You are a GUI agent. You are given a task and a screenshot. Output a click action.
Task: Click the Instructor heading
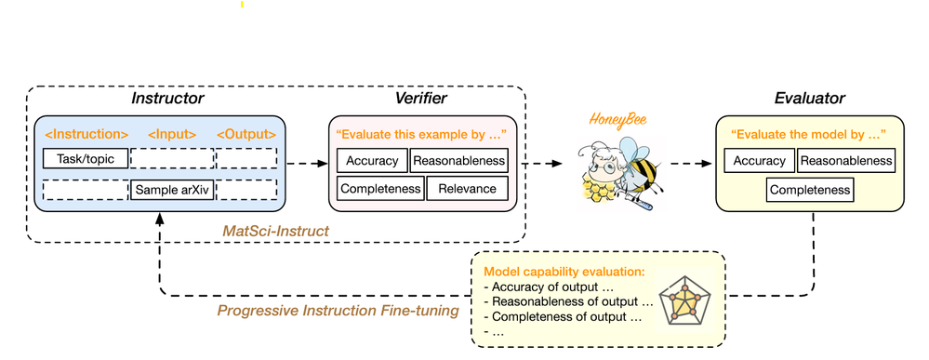(167, 98)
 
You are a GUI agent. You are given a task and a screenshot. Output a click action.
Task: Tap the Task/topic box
(86, 159)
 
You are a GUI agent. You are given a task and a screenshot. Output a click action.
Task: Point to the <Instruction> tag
(87, 134)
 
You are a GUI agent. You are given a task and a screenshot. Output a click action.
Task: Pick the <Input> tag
(171, 134)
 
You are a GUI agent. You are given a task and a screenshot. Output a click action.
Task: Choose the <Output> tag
(246, 134)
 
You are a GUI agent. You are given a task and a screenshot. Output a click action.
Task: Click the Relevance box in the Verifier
(467, 190)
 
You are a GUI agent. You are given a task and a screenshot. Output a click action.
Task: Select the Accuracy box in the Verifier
(371, 160)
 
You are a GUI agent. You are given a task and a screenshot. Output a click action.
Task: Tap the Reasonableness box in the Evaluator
(845, 161)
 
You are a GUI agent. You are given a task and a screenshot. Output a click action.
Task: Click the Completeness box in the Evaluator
(809, 191)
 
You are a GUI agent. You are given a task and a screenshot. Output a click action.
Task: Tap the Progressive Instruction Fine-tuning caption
(338, 310)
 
